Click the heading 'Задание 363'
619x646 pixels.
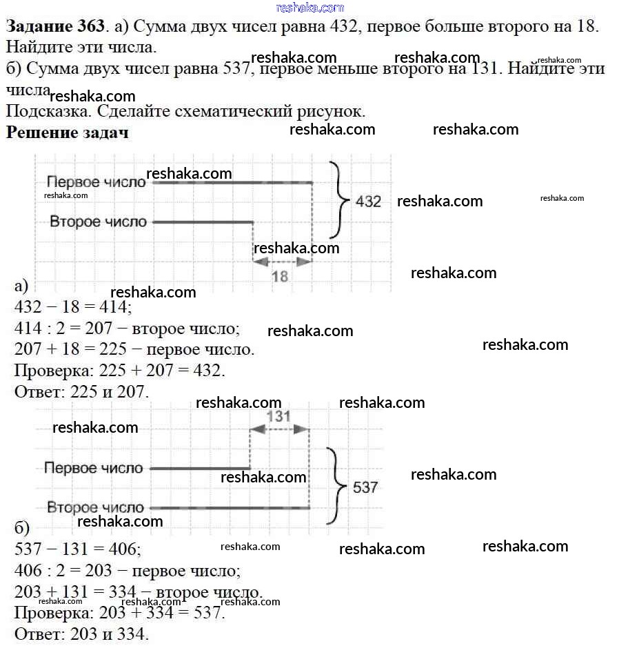coord(56,27)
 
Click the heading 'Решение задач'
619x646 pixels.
coord(67,133)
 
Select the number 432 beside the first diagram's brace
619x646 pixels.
coord(368,202)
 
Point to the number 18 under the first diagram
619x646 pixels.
coord(280,277)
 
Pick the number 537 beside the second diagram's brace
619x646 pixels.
coord(365,487)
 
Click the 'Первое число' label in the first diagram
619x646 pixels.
coord(97,182)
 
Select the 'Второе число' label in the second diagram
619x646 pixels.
coord(95,508)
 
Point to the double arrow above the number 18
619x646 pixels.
coord(282,262)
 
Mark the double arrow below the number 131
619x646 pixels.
coord(278,429)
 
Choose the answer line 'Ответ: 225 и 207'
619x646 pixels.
coord(81,392)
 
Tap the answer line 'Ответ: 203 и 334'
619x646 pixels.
coord(81,634)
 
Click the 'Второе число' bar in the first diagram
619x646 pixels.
coord(203,222)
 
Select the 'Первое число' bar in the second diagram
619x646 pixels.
coord(199,469)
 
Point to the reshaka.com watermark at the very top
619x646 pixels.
coord(309,8)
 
